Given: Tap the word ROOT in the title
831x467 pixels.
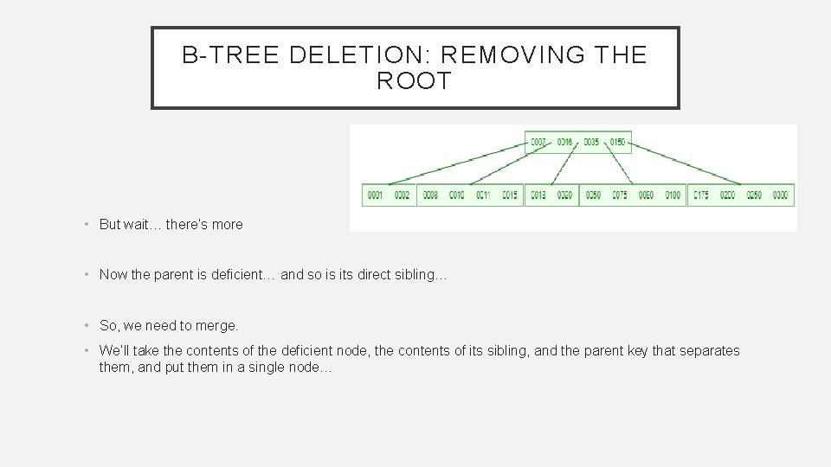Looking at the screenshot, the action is pyautogui.click(x=415, y=82).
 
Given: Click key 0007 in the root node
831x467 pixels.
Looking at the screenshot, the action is pyautogui.click(x=538, y=142).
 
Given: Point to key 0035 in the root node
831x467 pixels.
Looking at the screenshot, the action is pyautogui.click(x=591, y=142).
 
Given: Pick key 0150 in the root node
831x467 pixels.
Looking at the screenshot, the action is pyautogui.click(x=617, y=142).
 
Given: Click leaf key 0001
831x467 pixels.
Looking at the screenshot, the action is pyautogui.click(x=375, y=195).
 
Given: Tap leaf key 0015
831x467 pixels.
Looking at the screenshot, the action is pyautogui.click(x=510, y=195).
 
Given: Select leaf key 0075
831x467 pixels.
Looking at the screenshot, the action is pyautogui.click(x=619, y=195).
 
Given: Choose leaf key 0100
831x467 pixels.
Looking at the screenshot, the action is pyautogui.click(x=673, y=195).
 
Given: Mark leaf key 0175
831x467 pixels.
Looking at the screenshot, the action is pyautogui.click(x=701, y=195).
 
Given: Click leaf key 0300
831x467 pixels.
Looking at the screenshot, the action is pyautogui.click(x=781, y=195).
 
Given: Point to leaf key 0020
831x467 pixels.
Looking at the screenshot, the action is pyautogui.click(x=564, y=195).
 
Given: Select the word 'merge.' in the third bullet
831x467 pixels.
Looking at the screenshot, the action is pyautogui.click(x=218, y=326).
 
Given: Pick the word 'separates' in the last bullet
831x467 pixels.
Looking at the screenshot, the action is pyautogui.click(x=712, y=351).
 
